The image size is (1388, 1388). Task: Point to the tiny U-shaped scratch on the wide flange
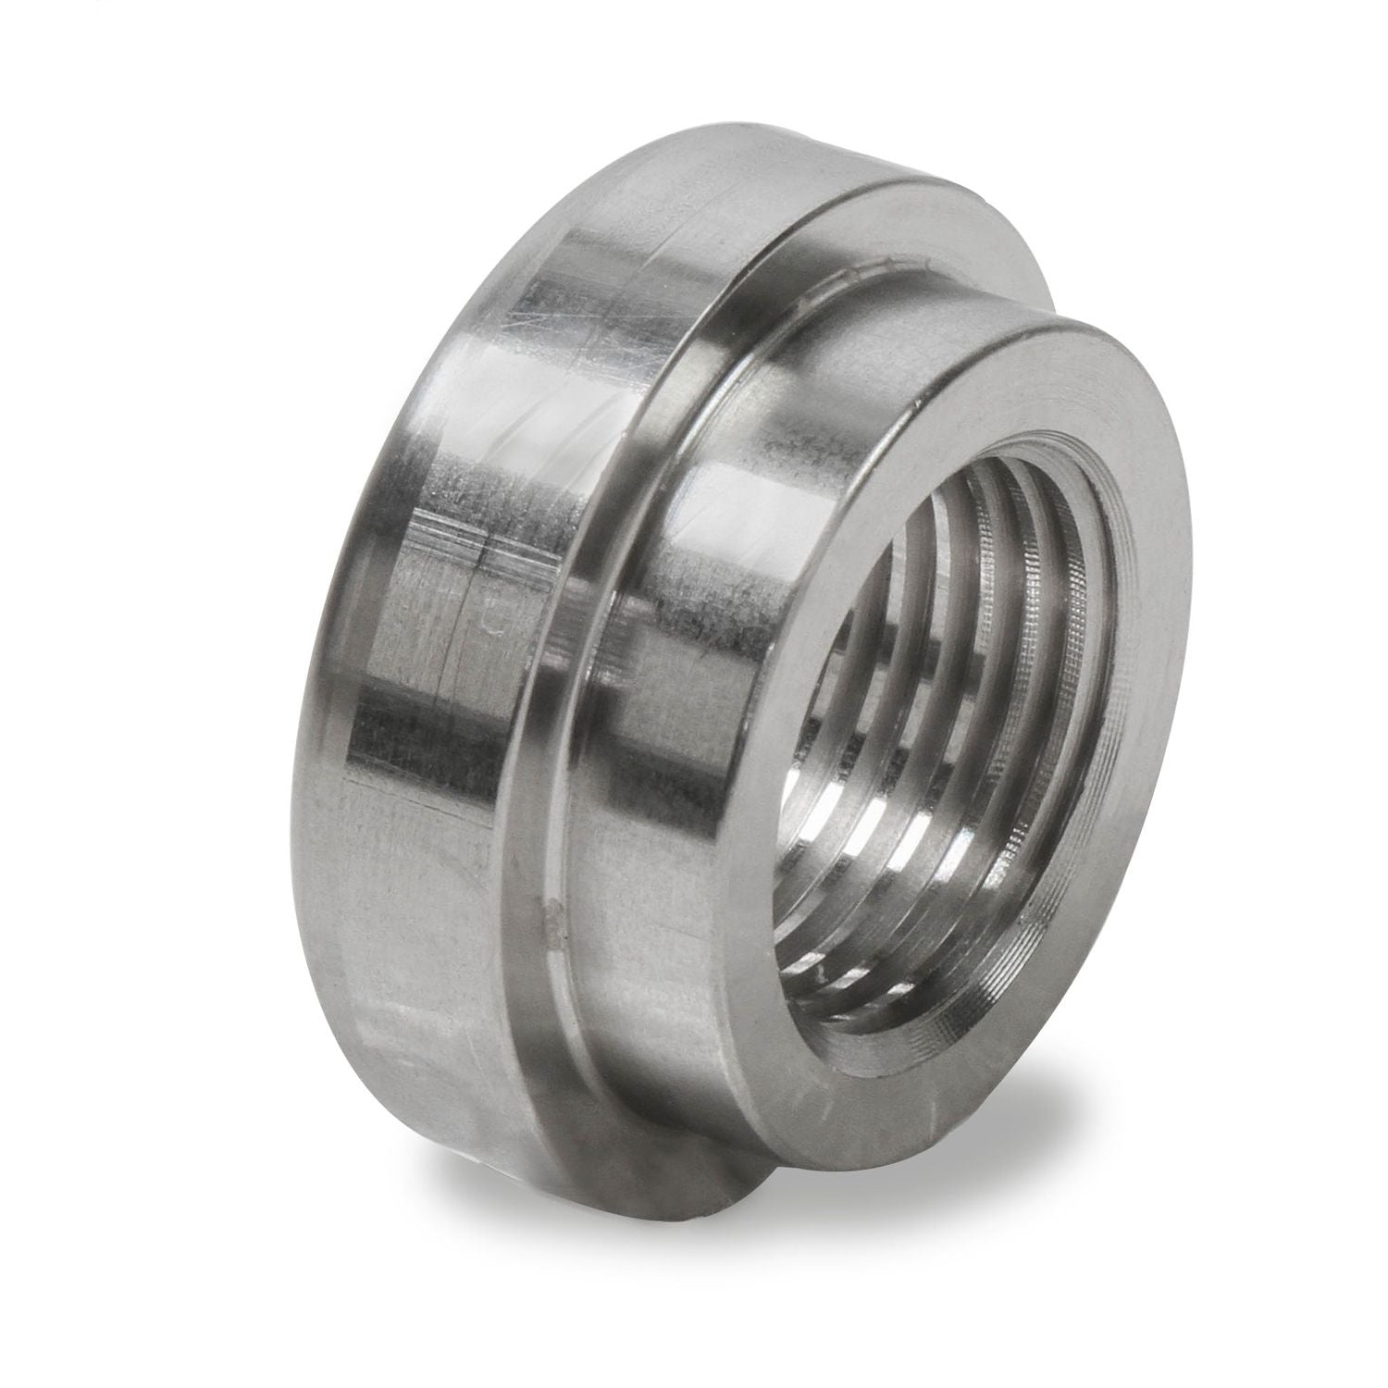coord(488,618)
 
